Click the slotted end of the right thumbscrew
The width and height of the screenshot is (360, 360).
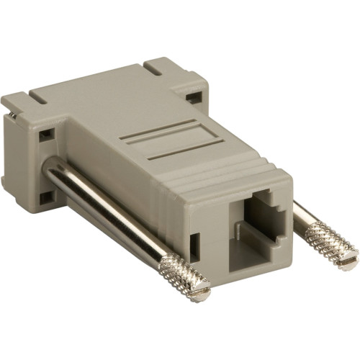pos(350,258)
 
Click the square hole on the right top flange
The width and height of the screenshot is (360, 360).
pos(192,96)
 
